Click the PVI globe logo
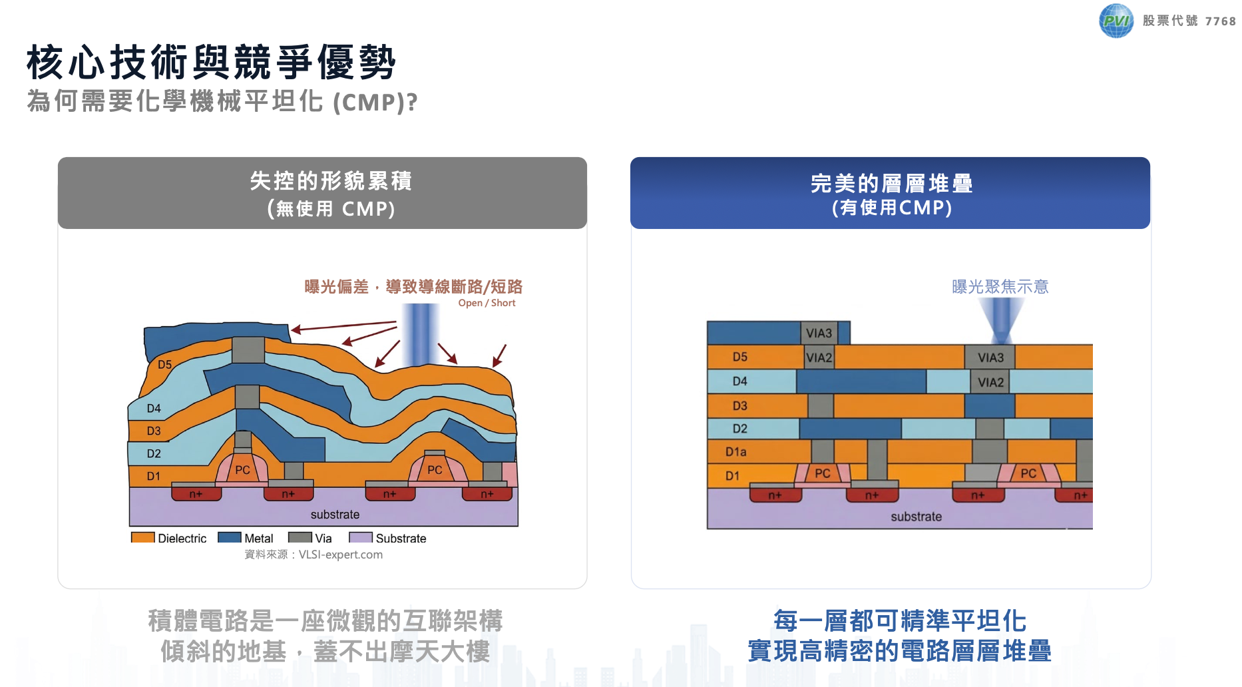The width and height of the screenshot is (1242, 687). [1116, 21]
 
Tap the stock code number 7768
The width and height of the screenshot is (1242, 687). [1220, 21]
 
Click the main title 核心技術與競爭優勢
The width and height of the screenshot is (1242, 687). [211, 63]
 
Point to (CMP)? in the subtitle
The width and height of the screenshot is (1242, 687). [375, 102]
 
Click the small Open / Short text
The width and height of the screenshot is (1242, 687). [487, 303]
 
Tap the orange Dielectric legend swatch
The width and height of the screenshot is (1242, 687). [143, 537]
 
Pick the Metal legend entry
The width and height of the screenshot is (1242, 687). [246, 538]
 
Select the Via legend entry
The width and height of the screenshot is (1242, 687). [310, 538]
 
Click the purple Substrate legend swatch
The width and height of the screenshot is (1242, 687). [361, 537]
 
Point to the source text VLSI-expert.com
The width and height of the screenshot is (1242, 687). [341, 555]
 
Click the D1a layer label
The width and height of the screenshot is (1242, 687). [735, 452]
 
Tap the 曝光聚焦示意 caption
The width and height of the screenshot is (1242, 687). [1000, 287]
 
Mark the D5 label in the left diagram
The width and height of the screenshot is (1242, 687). [164, 365]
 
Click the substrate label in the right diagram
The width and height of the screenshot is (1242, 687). [916, 517]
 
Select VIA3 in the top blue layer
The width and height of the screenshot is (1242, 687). [819, 333]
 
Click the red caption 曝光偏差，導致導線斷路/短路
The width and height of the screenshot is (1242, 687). [413, 287]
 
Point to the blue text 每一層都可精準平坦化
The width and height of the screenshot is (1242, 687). [900, 620]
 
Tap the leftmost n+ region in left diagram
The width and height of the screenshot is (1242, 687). [196, 494]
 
